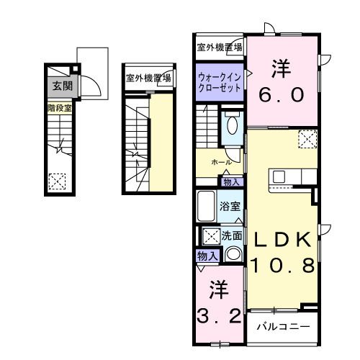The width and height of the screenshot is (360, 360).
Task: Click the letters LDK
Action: click(282, 240)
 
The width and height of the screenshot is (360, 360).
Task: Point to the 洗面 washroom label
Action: click(231, 235)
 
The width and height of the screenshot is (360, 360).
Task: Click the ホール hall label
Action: click(221, 163)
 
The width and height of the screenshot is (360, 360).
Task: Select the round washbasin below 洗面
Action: click(232, 253)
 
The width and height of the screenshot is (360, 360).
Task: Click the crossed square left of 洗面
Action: click(211, 235)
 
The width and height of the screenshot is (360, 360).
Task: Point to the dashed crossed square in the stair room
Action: click(56, 181)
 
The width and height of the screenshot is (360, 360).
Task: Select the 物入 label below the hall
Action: click(233, 182)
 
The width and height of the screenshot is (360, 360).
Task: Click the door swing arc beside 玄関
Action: click(91, 86)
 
